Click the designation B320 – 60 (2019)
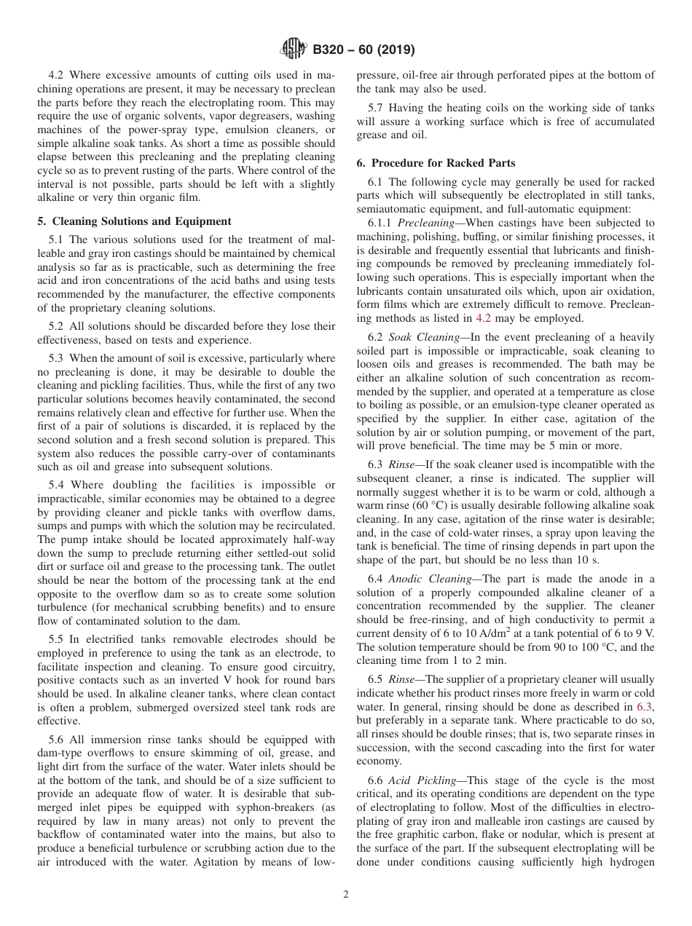[363, 50]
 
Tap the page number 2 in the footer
[346, 895]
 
